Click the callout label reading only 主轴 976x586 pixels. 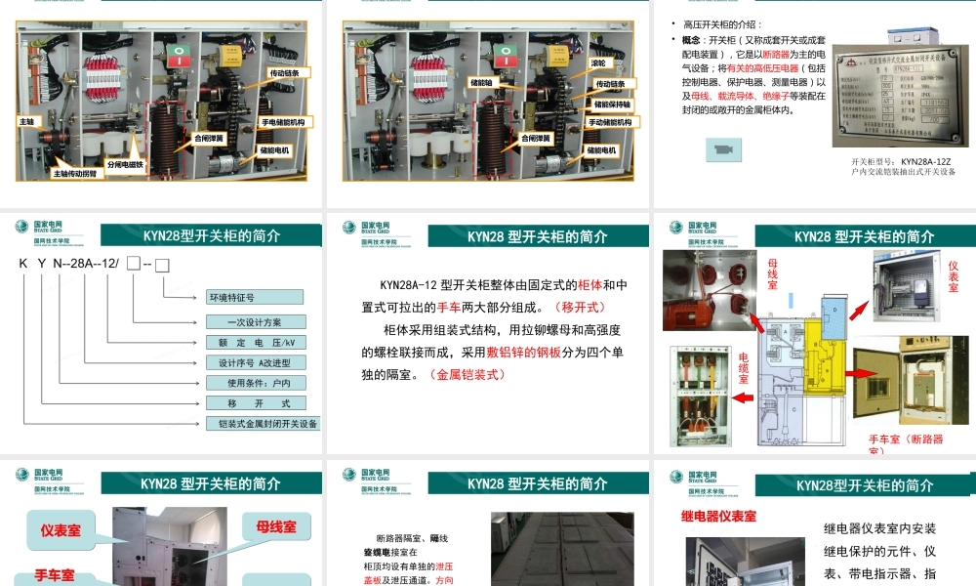point(27,121)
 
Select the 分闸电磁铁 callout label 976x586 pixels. point(125,165)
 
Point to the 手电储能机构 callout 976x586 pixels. point(283,122)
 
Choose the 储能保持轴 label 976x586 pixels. point(613,103)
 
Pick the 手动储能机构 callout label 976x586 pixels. point(611,122)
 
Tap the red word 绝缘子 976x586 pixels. point(777,96)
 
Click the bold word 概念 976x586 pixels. point(692,40)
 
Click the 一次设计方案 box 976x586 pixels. point(256,320)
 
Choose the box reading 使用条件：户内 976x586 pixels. point(256,383)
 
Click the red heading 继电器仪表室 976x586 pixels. point(717,516)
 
